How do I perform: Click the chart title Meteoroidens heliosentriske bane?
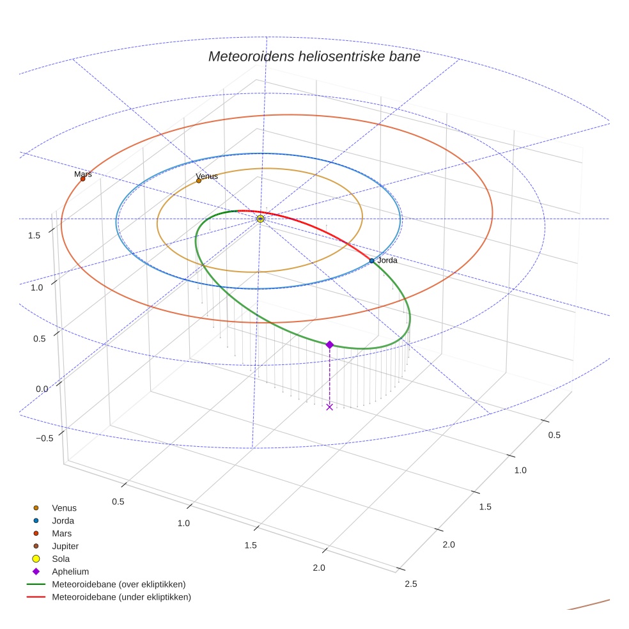pos(314,56)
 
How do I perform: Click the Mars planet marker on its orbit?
pos(82,179)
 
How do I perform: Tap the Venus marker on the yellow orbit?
pos(199,181)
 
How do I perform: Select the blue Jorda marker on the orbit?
pos(371,261)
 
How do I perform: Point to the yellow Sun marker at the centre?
pos(260,219)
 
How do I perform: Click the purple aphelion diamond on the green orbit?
pos(329,345)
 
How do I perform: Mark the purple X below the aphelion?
pos(329,407)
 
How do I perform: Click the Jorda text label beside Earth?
pos(387,260)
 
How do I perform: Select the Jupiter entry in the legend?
pos(65,546)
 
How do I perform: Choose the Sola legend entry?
pos(61,559)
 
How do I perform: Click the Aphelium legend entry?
pos(70,571)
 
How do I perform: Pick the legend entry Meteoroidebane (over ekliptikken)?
pos(119,584)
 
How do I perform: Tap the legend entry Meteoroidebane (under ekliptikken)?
pos(121,597)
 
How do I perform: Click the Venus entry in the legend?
pos(64,508)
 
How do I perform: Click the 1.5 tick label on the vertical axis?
pos(35,235)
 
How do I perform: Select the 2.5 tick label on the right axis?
pos(411,584)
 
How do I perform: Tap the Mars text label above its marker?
pos(83,174)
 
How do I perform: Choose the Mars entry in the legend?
pos(62,533)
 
